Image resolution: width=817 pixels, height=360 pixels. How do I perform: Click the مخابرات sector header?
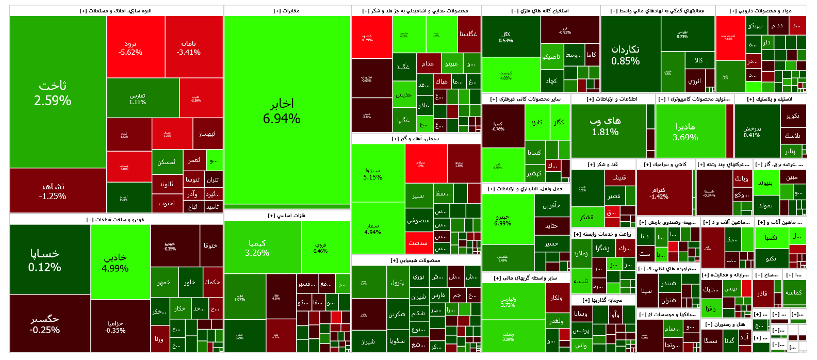click(x=287, y=11)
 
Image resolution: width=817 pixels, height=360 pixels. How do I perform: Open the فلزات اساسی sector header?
click(x=287, y=216)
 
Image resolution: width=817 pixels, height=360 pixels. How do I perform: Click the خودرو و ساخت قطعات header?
click(x=116, y=220)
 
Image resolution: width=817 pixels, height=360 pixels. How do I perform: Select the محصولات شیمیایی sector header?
click(x=416, y=260)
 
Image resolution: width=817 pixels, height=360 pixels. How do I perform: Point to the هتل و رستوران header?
click(x=725, y=324)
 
